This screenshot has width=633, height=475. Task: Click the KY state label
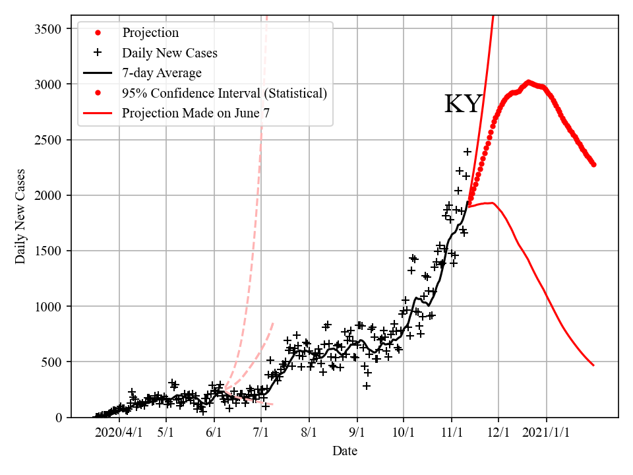(x=463, y=104)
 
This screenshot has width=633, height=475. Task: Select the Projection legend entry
(x=150, y=32)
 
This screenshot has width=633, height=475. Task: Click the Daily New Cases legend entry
(x=169, y=53)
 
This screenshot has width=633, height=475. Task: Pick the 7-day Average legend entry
(x=162, y=73)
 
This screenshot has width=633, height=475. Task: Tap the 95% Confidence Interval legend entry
(x=224, y=93)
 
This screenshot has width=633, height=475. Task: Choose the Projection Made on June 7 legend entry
(x=195, y=113)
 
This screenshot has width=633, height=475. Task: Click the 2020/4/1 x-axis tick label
(x=119, y=433)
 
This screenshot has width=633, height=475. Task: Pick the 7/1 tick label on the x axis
(x=261, y=433)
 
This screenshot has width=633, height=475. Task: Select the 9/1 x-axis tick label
(x=357, y=433)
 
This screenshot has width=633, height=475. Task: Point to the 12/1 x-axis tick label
(x=498, y=433)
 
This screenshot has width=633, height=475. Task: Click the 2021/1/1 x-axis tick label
(x=547, y=433)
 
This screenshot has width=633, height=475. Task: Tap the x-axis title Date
(x=345, y=451)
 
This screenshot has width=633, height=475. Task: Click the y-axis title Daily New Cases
(x=20, y=216)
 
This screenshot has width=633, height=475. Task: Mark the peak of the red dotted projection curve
(x=528, y=82)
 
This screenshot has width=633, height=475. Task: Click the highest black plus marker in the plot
(x=467, y=152)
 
